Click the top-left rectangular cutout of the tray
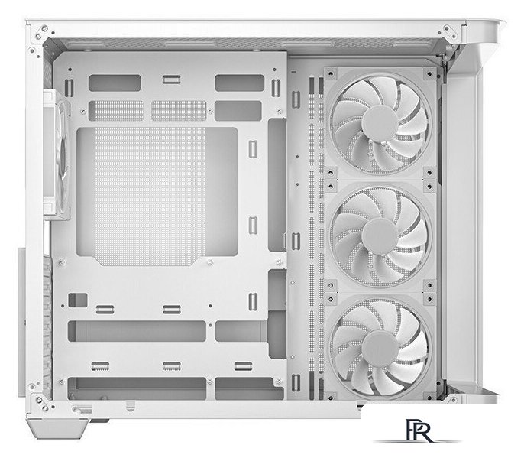pyautogui.click(x=115, y=83)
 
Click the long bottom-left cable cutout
pyautogui.click(x=137, y=388)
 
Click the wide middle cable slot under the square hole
pyautogui.click(x=137, y=331)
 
